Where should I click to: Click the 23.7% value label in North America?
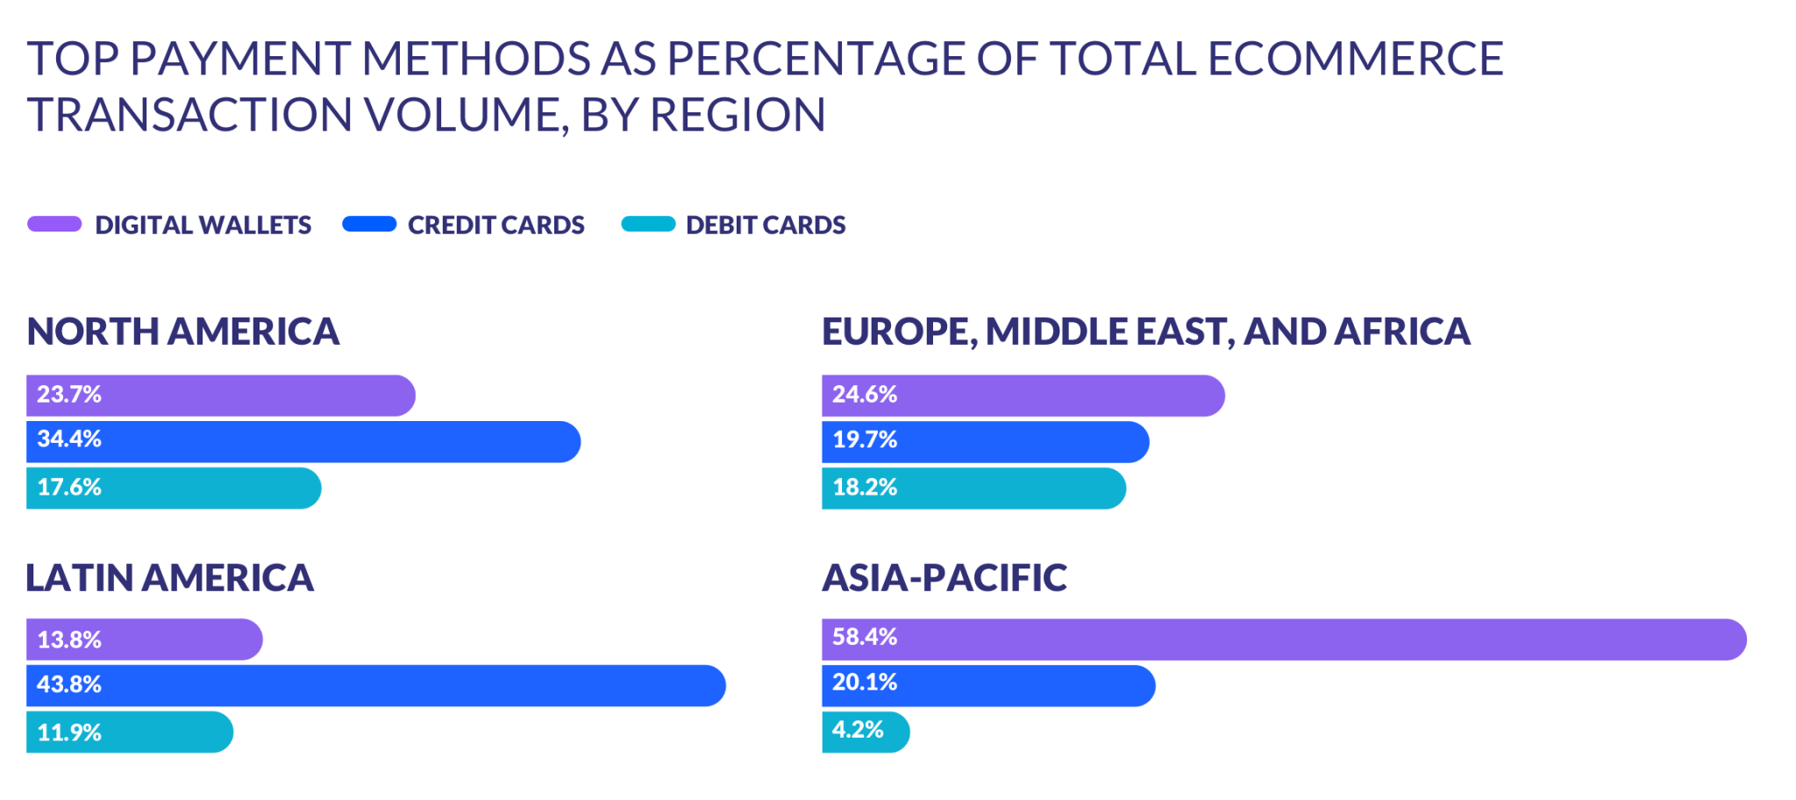[69, 395]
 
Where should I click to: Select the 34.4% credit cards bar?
[303, 441]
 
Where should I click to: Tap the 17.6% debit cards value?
[69, 488]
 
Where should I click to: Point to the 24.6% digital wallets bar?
[1023, 395]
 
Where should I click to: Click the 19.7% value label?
[865, 440]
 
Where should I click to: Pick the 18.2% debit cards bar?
[973, 488]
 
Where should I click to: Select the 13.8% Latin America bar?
[145, 639]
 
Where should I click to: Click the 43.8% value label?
[69, 684]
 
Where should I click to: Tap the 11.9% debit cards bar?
[130, 732]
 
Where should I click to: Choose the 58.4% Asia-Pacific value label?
[865, 637]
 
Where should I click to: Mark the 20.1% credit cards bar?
[988, 685]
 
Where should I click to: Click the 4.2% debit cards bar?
[866, 732]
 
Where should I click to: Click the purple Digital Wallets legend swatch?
[54, 225]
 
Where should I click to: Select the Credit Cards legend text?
[495, 225]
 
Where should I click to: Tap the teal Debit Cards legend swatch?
[648, 225]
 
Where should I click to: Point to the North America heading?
[183, 332]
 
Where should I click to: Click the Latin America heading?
[170, 578]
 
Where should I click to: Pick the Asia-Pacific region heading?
[944, 578]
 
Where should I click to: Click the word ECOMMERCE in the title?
[1355, 60]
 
